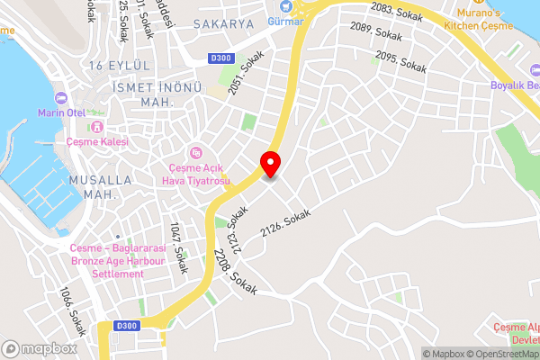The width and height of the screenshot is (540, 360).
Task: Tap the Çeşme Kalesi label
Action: tap(96, 141)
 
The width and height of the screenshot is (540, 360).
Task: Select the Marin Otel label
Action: tap(60, 113)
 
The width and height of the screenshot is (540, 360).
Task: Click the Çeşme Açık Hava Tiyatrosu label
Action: tap(199, 174)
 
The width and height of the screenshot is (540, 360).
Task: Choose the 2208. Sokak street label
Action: tap(237, 271)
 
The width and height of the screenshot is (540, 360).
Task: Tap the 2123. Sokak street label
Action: tap(238, 230)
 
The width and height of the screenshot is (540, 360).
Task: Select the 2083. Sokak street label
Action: tap(395, 10)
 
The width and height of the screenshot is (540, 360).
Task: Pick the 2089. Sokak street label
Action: tap(375, 32)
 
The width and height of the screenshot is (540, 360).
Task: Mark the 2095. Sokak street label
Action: tap(400, 60)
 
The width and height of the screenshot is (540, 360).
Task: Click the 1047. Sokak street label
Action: tap(179, 240)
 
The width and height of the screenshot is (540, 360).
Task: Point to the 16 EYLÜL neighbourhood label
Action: tap(118, 66)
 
